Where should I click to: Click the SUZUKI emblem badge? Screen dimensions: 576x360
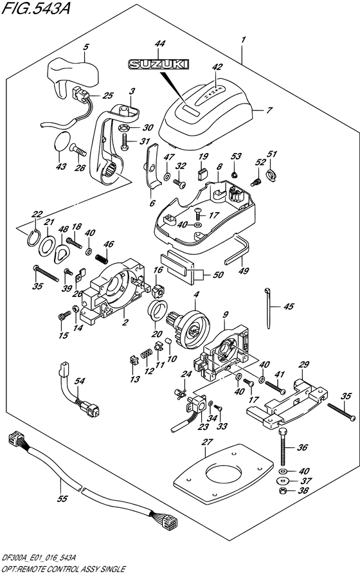tap(158, 64)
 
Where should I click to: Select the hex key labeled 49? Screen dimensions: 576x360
tap(236, 251)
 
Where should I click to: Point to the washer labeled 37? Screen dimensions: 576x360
tap(283, 481)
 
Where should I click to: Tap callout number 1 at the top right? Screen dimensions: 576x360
tap(243, 40)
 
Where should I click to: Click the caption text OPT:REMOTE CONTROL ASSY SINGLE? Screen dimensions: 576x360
tap(64, 570)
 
